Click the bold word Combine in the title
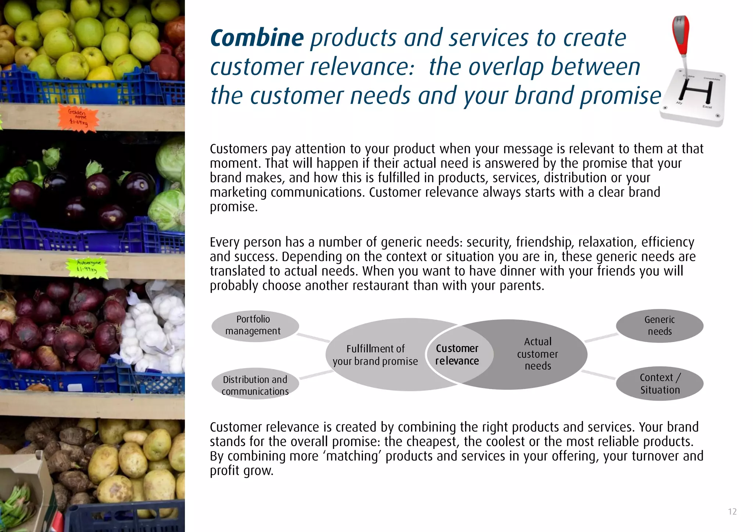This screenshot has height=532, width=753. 257,38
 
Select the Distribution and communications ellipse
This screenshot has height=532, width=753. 255,384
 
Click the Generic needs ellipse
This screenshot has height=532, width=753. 660,326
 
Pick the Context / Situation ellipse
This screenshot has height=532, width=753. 660,384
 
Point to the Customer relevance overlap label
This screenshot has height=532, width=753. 457,355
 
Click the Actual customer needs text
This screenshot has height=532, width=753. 538,354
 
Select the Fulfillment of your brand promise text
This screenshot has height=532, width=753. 375,355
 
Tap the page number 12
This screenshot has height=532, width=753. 732,512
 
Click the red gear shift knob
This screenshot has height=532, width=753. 680,35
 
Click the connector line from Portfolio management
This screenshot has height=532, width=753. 313,338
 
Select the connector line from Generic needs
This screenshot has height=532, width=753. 601,338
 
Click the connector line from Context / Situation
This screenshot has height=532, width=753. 598,375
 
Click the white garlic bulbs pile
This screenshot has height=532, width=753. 154,331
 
